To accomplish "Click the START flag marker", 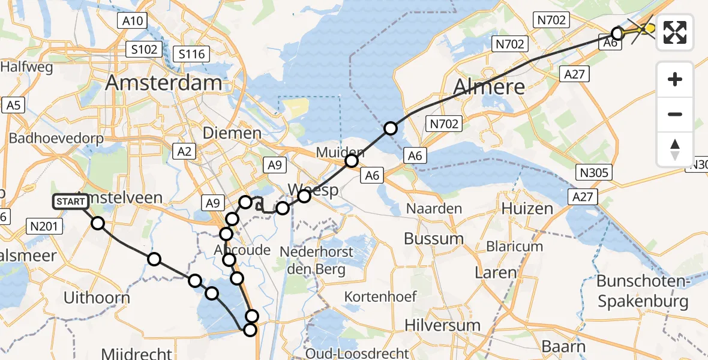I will pos(71,202).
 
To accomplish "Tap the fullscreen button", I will pos(675,32).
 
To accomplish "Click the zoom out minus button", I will pos(675,114).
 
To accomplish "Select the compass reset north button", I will pos(675,149).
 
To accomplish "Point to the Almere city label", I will pos(489,86).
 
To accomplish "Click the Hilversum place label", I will pos(442,325).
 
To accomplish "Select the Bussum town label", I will pos(434,239).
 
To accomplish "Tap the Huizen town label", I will pos(527,209).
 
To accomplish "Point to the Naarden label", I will pos(434,209).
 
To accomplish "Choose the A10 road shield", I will pos(133,22).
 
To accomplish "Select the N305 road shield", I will pos(594,173).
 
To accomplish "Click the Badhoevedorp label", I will pos(56,138).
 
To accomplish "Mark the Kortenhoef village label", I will pos(379,296).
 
